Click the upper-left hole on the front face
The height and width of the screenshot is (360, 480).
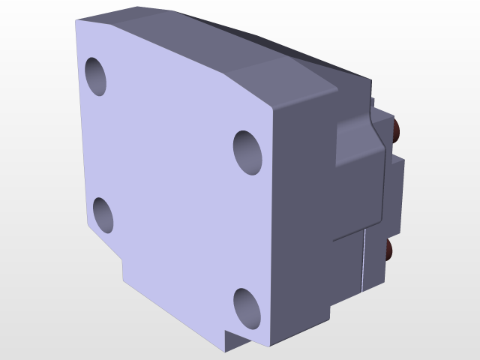pos(95,75)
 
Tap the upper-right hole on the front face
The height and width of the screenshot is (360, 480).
pos(247,151)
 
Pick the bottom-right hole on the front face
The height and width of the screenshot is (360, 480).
pos(247,307)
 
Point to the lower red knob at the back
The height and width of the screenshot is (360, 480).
pos(389,250)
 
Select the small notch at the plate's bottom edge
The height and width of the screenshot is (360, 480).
pos(229,341)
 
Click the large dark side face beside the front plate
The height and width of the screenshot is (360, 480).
pos(307,225)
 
